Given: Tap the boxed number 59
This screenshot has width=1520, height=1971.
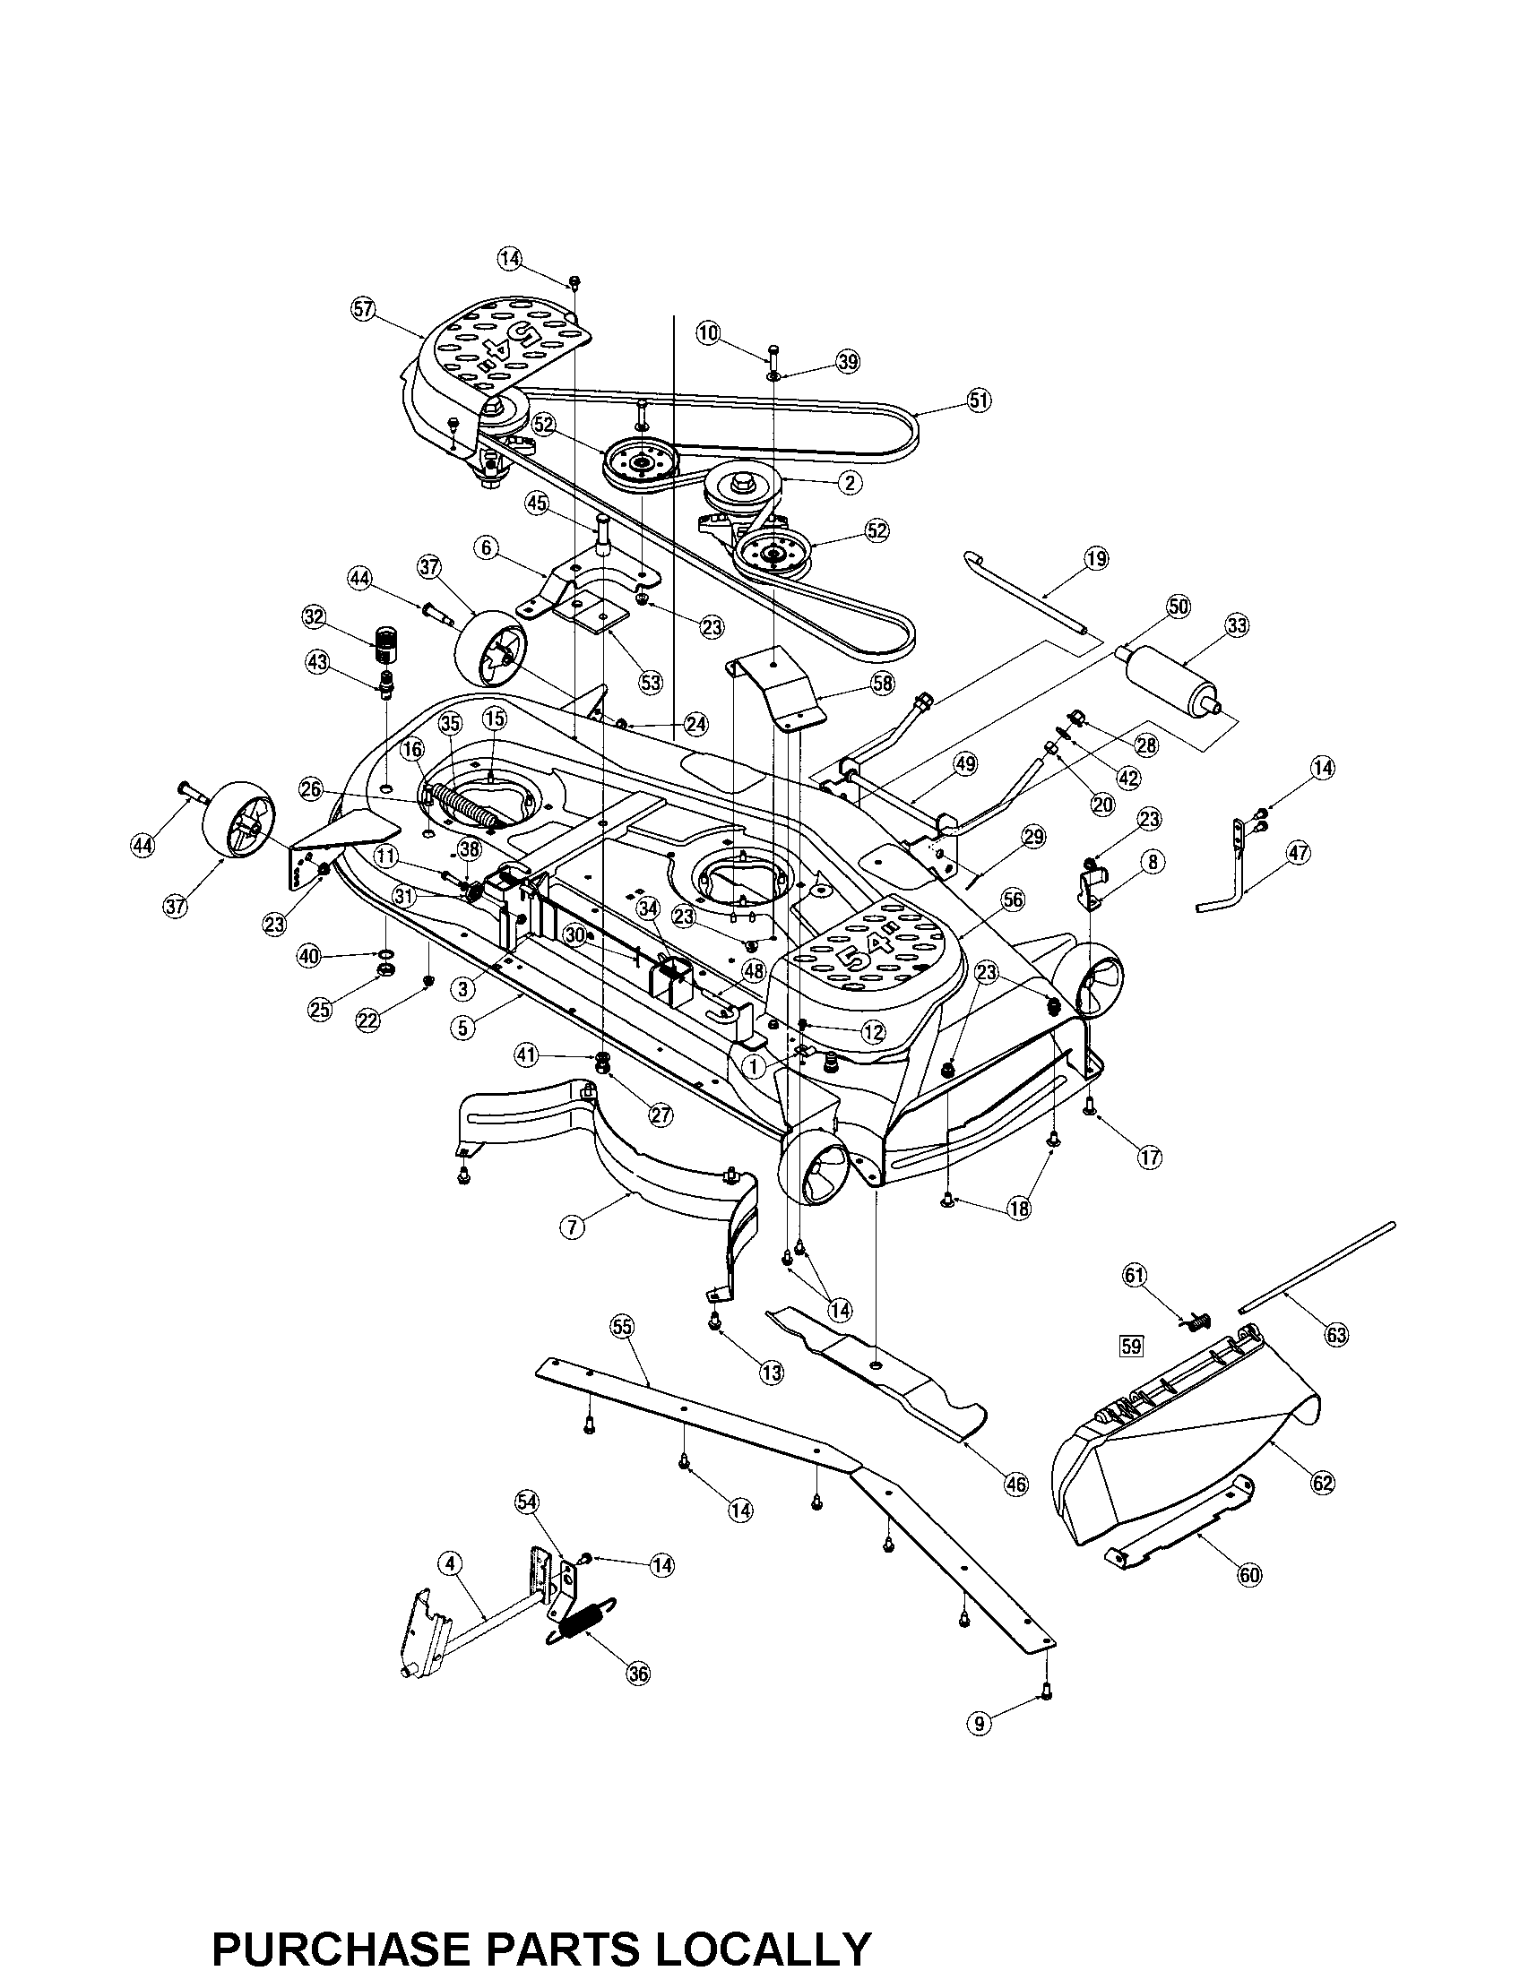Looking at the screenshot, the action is pyautogui.click(x=1130, y=1347).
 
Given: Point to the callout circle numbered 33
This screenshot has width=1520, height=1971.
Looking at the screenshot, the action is pyautogui.click(x=1237, y=625).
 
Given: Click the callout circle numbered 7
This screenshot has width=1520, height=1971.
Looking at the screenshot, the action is pyautogui.click(x=573, y=1226).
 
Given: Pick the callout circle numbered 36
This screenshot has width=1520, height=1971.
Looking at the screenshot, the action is pyautogui.click(x=637, y=1673).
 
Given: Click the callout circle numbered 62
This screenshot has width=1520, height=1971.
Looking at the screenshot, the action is pyautogui.click(x=1322, y=1483).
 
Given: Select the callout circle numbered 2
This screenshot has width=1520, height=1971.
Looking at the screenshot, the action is pyautogui.click(x=849, y=482).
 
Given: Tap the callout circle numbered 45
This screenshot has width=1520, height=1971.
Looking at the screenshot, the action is pyautogui.click(x=538, y=504).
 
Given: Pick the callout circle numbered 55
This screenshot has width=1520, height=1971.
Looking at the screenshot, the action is pyautogui.click(x=622, y=1326).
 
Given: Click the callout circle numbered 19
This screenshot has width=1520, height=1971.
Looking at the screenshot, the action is pyautogui.click(x=1096, y=559).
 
